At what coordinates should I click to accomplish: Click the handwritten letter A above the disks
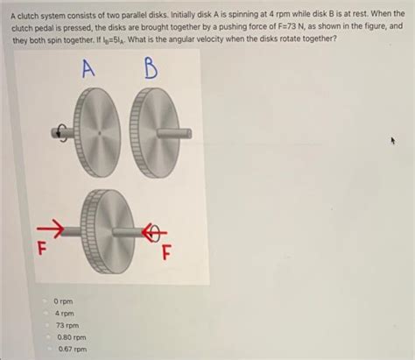pos(87,70)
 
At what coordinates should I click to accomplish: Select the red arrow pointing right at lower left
pos(48,231)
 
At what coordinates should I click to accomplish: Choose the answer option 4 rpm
pos(64,313)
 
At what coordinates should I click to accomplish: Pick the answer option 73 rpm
pos(66,325)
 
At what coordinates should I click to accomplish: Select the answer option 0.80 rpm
pos(70,336)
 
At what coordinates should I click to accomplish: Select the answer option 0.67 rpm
pos(70,349)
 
